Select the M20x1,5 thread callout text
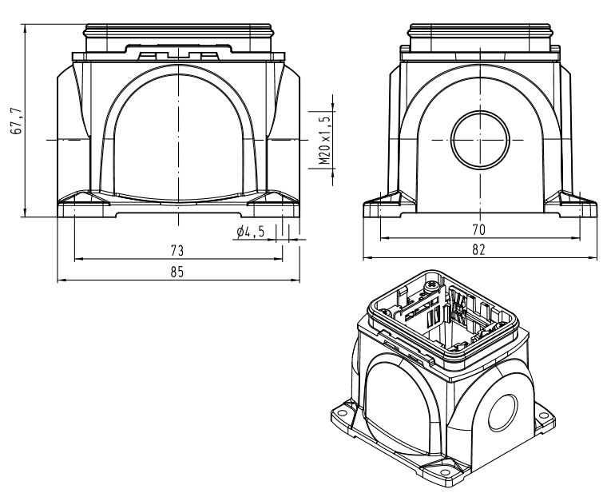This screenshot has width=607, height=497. pyautogui.click(x=324, y=137)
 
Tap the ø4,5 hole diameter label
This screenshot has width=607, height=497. pyautogui.click(x=251, y=233)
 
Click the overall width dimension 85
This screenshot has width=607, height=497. pyautogui.click(x=177, y=272)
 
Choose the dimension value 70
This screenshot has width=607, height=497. pyautogui.click(x=479, y=229)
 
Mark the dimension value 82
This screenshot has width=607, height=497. pyautogui.click(x=479, y=250)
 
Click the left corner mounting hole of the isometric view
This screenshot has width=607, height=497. pyautogui.click(x=342, y=415)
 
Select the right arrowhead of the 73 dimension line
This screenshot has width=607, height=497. pyautogui.click(x=280, y=259)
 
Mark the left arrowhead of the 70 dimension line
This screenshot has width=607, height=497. pyautogui.click(x=382, y=237)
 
